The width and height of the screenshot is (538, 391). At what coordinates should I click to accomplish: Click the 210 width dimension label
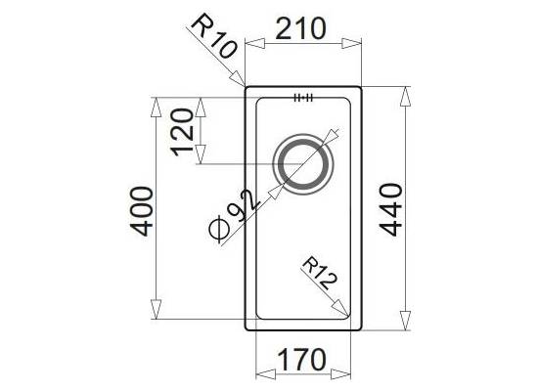(300, 28)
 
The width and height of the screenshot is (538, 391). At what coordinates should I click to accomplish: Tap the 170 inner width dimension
(301, 359)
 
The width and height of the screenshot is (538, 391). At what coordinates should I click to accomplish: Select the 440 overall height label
(391, 209)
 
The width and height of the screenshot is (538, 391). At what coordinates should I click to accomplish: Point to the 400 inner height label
(142, 211)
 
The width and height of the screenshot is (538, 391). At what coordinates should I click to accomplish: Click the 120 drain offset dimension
(183, 132)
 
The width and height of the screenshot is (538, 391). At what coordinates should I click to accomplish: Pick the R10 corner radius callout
(213, 35)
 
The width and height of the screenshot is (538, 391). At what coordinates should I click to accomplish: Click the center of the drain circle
(303, 164)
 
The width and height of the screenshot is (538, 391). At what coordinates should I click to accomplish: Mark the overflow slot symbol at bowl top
(303, 98)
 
